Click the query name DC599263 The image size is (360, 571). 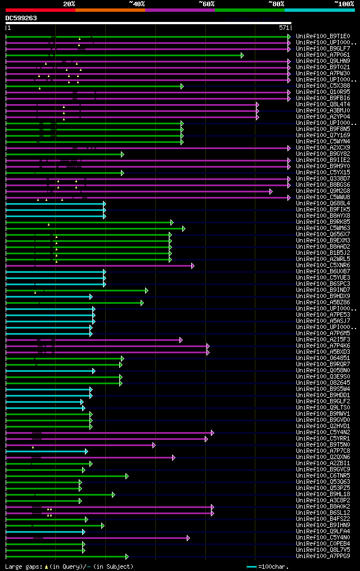pos(21,18)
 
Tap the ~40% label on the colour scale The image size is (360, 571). pos(137,4)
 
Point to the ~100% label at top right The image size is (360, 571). pos(344,4)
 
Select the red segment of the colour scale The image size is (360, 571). pos(40,10)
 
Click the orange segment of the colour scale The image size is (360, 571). pos(110,10)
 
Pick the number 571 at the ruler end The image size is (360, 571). pos(284,28)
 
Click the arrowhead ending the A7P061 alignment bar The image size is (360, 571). pos(242,55)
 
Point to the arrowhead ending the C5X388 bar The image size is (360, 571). pos(182,86)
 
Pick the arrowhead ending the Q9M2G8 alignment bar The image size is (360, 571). pos(271,191)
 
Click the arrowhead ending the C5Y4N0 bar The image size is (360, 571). pos(188,538)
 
